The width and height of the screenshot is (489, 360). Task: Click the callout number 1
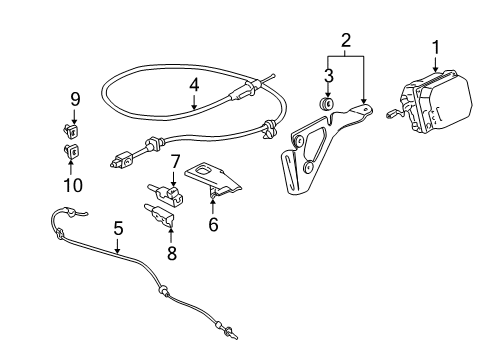pos(436,46)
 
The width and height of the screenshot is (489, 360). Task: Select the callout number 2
pos(345,41)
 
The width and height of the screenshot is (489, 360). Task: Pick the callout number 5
pos(118,229)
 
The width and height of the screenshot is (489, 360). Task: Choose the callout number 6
pos(212,224)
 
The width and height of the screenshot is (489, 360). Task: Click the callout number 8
pos(171,253)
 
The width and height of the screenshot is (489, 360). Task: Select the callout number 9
pos(74,98)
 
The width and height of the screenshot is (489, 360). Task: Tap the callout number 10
pos(74,184)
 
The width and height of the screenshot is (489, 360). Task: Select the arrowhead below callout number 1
pos(436,69)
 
